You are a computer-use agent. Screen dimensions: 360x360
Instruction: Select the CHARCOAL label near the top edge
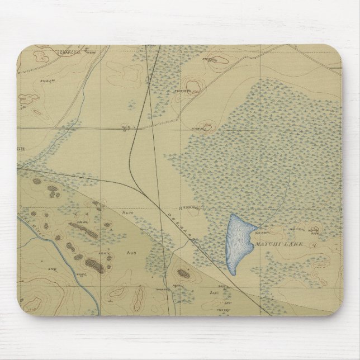tap(72, 52)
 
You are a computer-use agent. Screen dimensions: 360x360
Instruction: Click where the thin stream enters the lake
tap(258, 227)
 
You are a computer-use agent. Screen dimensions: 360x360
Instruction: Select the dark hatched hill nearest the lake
tap(183, 273)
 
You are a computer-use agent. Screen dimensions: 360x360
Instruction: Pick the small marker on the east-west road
tap(124, 129)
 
